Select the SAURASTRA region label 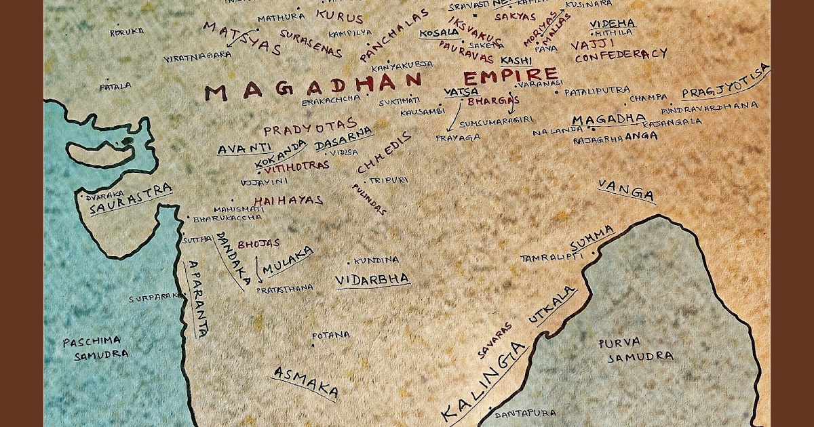click(x=130, y=199)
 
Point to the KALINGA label click(x=484, y=380)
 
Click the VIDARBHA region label click(x=372, y=279)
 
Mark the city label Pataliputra click(x=597, y=89)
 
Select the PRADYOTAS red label click(x=310, y=127)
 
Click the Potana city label click(x=331, y=335)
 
